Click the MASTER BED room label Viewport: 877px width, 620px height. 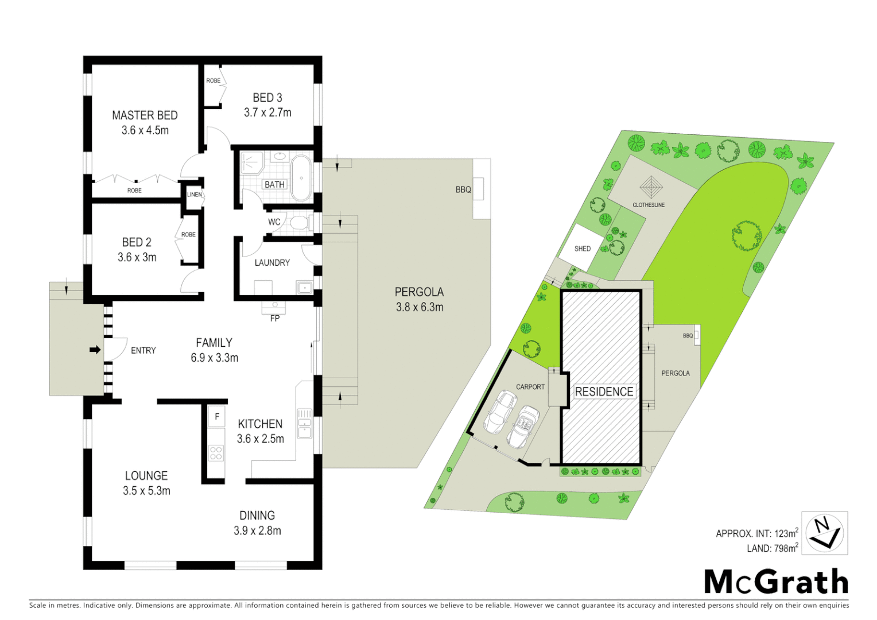145,115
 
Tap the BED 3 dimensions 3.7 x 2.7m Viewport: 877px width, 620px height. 267,113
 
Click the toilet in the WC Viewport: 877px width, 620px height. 299,222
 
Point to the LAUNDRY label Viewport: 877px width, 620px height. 272,262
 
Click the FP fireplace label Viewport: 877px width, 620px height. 275,318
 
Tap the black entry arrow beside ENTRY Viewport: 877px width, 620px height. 95,350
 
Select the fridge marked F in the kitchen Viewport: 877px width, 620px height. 216,417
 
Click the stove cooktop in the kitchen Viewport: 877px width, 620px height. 216,453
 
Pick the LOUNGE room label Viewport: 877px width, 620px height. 146,475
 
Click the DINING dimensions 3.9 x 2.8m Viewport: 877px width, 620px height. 257,530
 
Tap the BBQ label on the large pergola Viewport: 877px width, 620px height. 463,189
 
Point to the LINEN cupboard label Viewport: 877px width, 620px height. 195,195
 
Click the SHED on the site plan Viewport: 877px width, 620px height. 582,248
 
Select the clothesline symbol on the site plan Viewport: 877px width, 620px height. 650,187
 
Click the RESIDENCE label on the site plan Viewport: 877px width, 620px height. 604,392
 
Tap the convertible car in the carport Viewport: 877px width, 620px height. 523,427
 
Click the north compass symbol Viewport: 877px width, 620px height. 824,533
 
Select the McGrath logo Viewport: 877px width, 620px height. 776,582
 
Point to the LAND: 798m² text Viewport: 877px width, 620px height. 772,548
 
